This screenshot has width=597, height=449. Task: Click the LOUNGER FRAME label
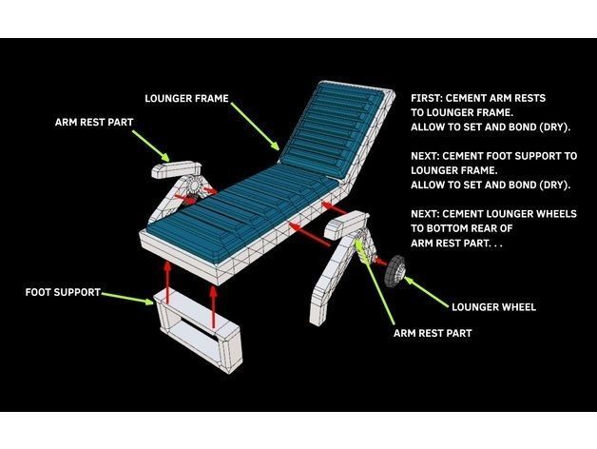(x=186, y=98)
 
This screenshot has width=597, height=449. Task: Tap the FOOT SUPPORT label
(x=63, y=292)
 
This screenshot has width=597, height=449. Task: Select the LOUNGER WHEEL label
(x=493, y=307)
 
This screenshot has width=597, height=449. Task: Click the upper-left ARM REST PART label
(x=94, y=123)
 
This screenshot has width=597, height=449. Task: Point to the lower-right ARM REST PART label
(x=433, y=333)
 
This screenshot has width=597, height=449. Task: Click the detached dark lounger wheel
(x=395, y=270)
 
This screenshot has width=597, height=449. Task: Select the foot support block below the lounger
(x=198, y=328)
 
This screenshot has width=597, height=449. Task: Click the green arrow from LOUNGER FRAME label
(x=255, y=127)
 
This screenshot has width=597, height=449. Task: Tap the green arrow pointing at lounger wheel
(x=427, y=292)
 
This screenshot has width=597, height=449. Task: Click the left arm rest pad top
(x=176, y=169)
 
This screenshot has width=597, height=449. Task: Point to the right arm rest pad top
(x=346, y=224)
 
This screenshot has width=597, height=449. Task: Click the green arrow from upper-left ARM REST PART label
(x=151, y=146)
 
